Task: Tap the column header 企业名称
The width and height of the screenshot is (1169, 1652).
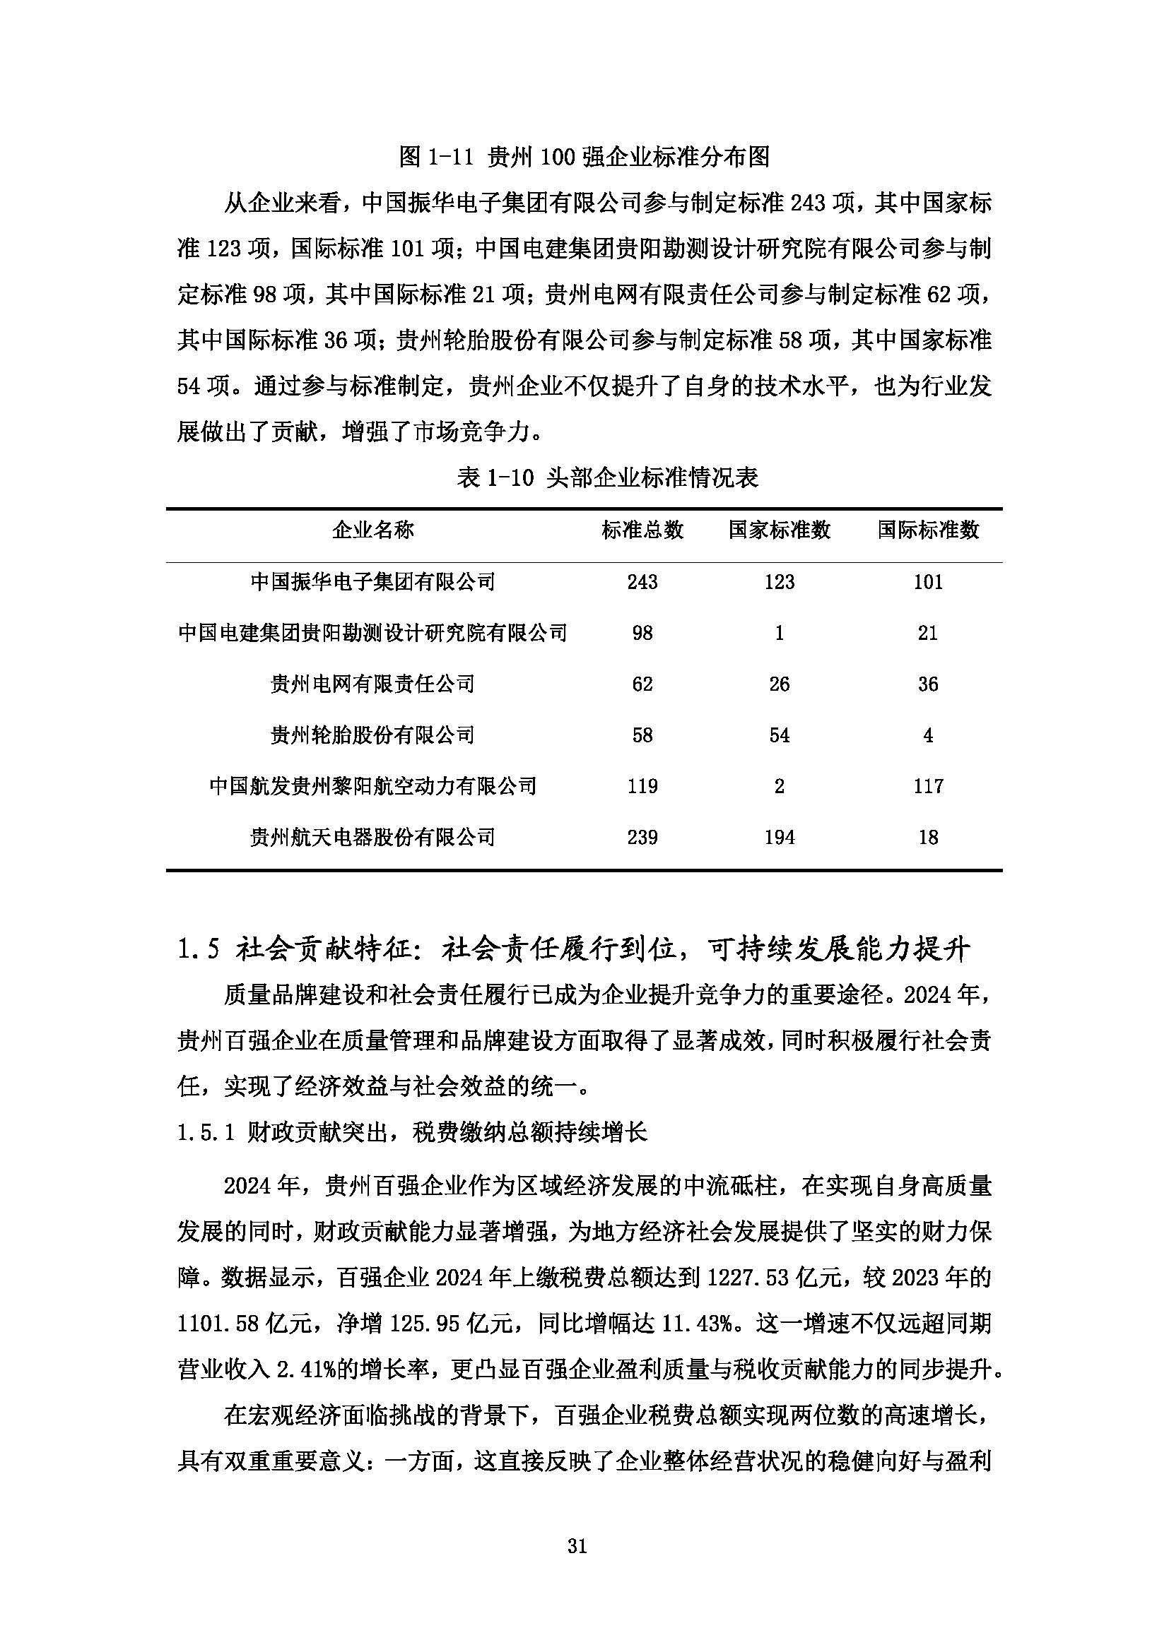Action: [373, 530]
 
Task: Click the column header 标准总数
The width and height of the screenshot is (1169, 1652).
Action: [642, 530]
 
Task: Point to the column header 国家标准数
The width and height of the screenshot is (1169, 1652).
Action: [779, 530]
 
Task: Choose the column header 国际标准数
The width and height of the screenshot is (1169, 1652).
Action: [928, 530]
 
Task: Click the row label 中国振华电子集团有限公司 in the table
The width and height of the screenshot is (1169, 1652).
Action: [373, 581]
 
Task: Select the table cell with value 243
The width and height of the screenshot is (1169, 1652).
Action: [642, 581]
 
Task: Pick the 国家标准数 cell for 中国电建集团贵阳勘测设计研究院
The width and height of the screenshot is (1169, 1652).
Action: [779, 633]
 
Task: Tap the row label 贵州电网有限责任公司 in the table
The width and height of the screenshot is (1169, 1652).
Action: [373, 684]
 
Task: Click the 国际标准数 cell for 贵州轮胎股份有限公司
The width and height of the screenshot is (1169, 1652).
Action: [928, 735]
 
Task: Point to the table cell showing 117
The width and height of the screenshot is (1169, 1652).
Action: [928, 786]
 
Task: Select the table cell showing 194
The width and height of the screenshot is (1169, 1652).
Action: [779, 838]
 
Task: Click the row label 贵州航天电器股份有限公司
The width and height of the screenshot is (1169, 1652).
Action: [373, 838]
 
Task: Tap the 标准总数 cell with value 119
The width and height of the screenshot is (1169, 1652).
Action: [642, 786]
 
